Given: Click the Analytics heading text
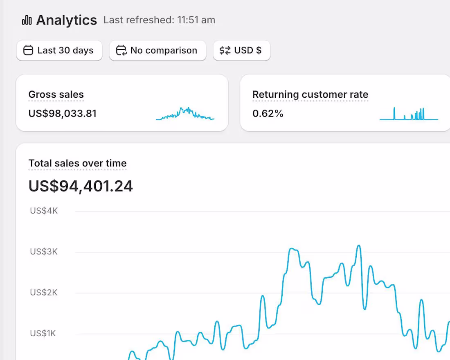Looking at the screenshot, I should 66,20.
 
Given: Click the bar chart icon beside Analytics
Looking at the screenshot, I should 27,20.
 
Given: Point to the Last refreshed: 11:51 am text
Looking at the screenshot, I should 159,20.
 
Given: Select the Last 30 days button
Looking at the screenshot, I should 59,50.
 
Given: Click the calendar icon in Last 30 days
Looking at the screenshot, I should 28,50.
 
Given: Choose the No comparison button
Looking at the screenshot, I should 157,50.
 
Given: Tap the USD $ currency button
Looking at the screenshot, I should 242,50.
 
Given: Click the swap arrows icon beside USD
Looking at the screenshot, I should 225,50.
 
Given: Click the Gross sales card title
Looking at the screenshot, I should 56,94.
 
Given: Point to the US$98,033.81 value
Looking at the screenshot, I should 63,113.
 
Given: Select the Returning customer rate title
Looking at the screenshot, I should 310,94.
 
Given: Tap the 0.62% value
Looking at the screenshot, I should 268,113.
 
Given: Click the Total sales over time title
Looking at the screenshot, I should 78,163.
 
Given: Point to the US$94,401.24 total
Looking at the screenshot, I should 81,186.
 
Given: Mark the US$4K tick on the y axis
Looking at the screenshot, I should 44,211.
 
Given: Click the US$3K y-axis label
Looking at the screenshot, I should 44,252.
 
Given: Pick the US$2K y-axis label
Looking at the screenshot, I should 44,292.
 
